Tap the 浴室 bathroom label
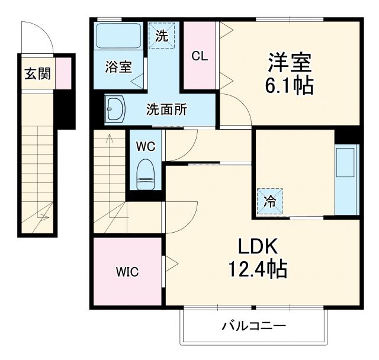(118, 67)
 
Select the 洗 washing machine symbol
(162, 35)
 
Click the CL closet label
(200, 56)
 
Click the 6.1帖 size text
(290, 86)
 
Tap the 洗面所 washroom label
(167, 110)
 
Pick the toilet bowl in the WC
(144, 175)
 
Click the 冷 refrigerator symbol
(269, 201)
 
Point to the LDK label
(258, 247)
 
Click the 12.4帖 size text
(258, 271)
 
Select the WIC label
(127, 272)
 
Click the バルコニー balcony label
(254, 326)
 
